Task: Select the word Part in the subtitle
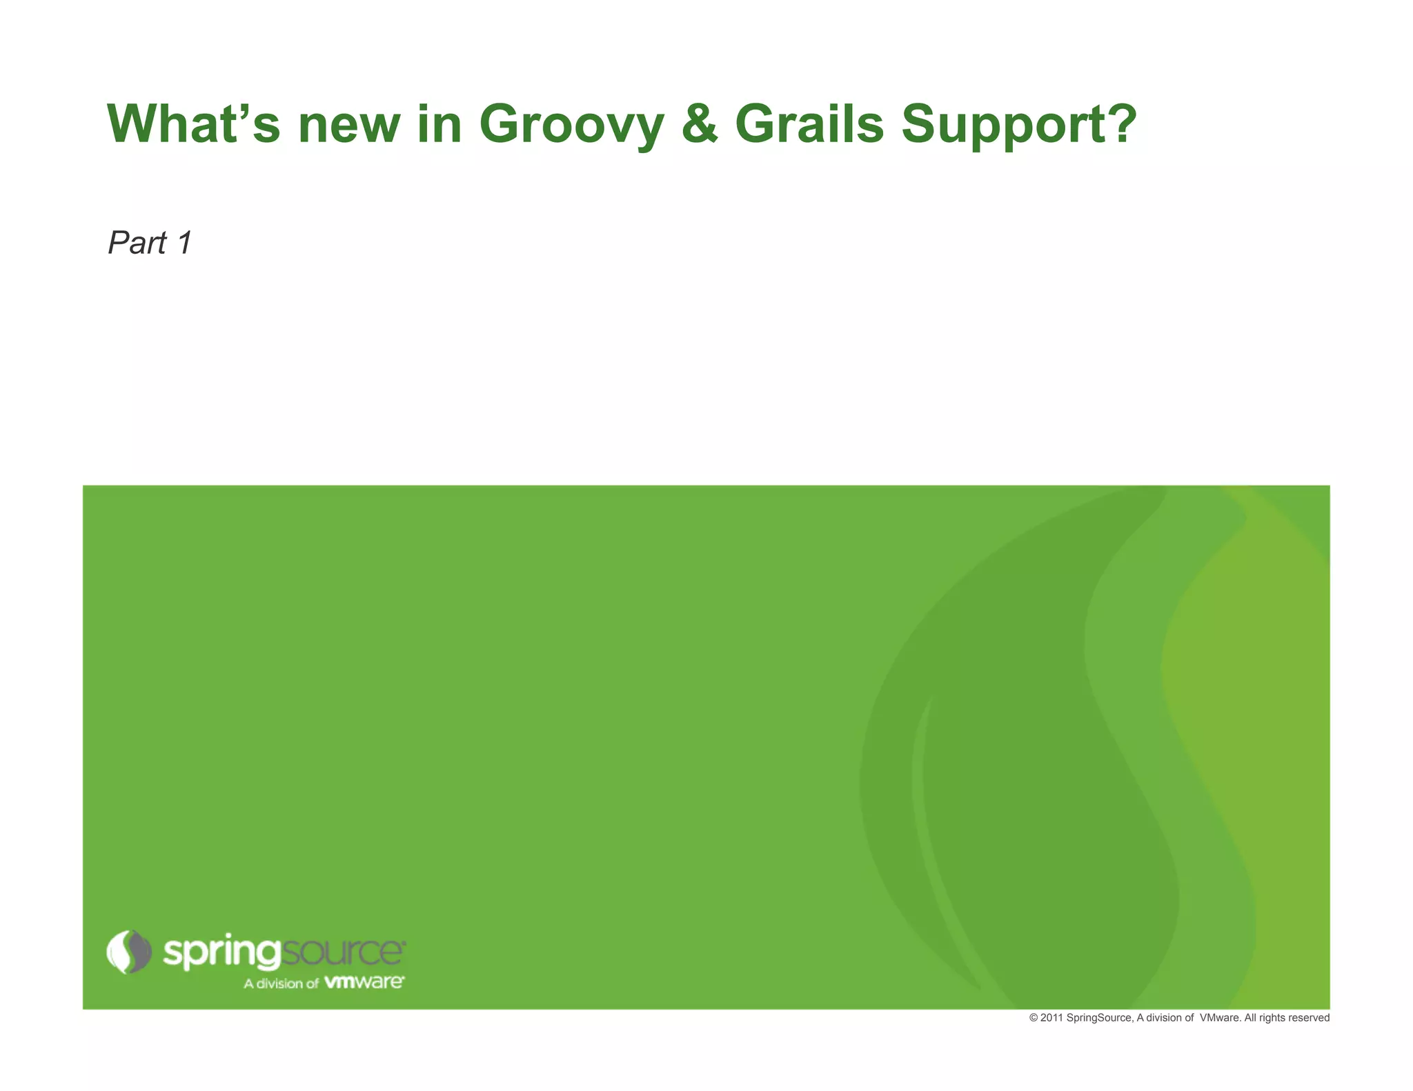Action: point(137,243)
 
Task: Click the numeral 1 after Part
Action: point(184,243)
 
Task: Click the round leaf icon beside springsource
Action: point(128,952)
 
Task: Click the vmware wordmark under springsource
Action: point(364,981)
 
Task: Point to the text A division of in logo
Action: point(281,983)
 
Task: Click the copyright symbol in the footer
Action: point(1033,1018)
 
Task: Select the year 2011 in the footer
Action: point(1051,1018)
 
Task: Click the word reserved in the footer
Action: point(1310,1018)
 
